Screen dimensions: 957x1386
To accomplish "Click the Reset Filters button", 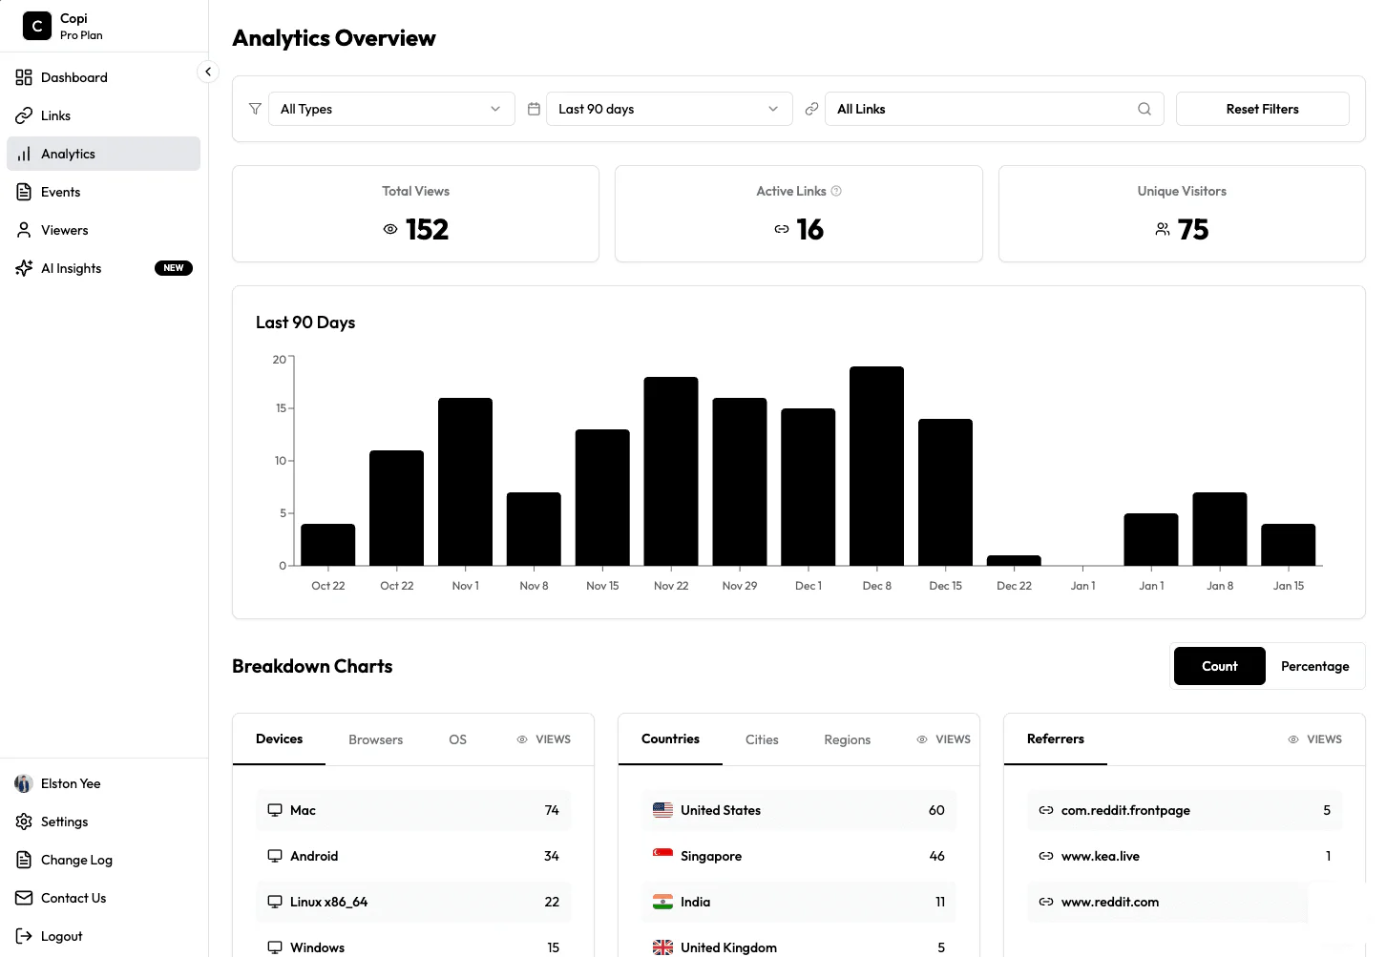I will coord(1262,109).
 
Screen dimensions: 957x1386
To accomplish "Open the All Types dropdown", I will coord(390,109).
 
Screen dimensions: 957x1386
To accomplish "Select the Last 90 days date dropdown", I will coord(668,109).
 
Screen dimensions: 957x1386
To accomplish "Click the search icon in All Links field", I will coord(1144,109).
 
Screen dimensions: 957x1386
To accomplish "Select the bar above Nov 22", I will coord(670,471).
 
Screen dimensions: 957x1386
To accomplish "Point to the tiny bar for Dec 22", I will coord(1014,560).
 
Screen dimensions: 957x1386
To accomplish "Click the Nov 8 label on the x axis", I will coord(534,586).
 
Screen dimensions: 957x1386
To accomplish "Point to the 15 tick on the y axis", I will coord(282,408).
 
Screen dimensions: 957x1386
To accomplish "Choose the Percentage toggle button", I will coord(1314,666).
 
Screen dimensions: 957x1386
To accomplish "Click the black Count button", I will coord(1219,666).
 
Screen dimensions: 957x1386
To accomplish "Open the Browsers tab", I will coord(375,739).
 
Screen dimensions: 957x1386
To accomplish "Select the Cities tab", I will coord(762,739).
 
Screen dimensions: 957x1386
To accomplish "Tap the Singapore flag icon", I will coord(662,856).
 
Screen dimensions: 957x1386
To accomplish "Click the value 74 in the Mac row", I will coord(552,810).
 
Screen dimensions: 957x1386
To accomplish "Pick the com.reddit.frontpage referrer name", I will coord(1125,810).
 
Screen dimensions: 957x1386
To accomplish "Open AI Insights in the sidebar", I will coord(72,268).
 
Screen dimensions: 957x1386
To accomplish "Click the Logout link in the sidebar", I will coord(61,936).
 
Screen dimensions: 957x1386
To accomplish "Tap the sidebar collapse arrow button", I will coord(208,72).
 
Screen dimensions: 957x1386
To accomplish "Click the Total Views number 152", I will coord(427,230).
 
